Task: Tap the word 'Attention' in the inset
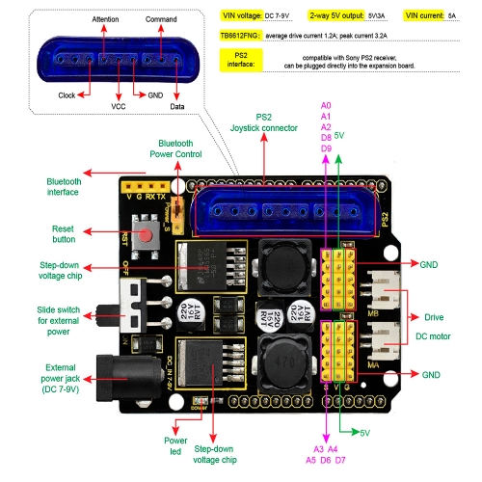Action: pyautogui.click(x=105, y=19)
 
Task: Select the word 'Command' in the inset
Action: pyautogui.click(x=160, y=19)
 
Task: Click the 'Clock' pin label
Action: pyautogui.click(x=67, y=95)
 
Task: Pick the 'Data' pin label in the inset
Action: pyautogui.click(x=177, y=107)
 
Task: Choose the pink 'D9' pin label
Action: pyautogui.click(x=326, y=148)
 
